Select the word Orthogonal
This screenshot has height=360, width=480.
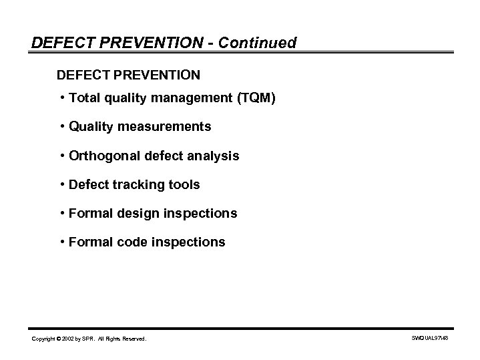coord(100,156)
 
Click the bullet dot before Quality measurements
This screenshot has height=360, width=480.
coord(61,127)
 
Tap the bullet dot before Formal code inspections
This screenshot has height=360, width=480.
coord(61,242)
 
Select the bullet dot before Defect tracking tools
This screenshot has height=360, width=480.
coord(61,184)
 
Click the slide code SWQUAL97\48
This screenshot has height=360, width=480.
coord(430,339)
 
